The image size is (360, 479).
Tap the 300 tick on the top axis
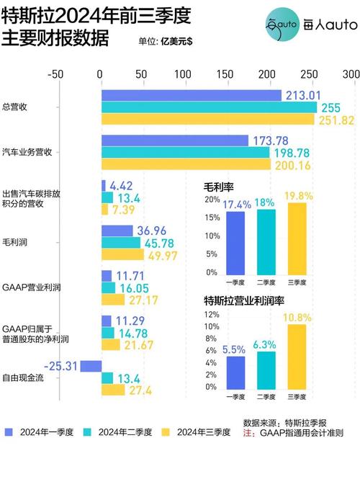click(x=351, y=74)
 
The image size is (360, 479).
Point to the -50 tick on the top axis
click(x=57, y=74)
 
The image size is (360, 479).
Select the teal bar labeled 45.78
click(x=121, y=243)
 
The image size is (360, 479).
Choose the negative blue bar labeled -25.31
click(x=90, y=366)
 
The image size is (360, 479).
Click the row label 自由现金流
click(x=23, y=377)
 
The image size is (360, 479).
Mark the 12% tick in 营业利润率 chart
click(x=212, y=315)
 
